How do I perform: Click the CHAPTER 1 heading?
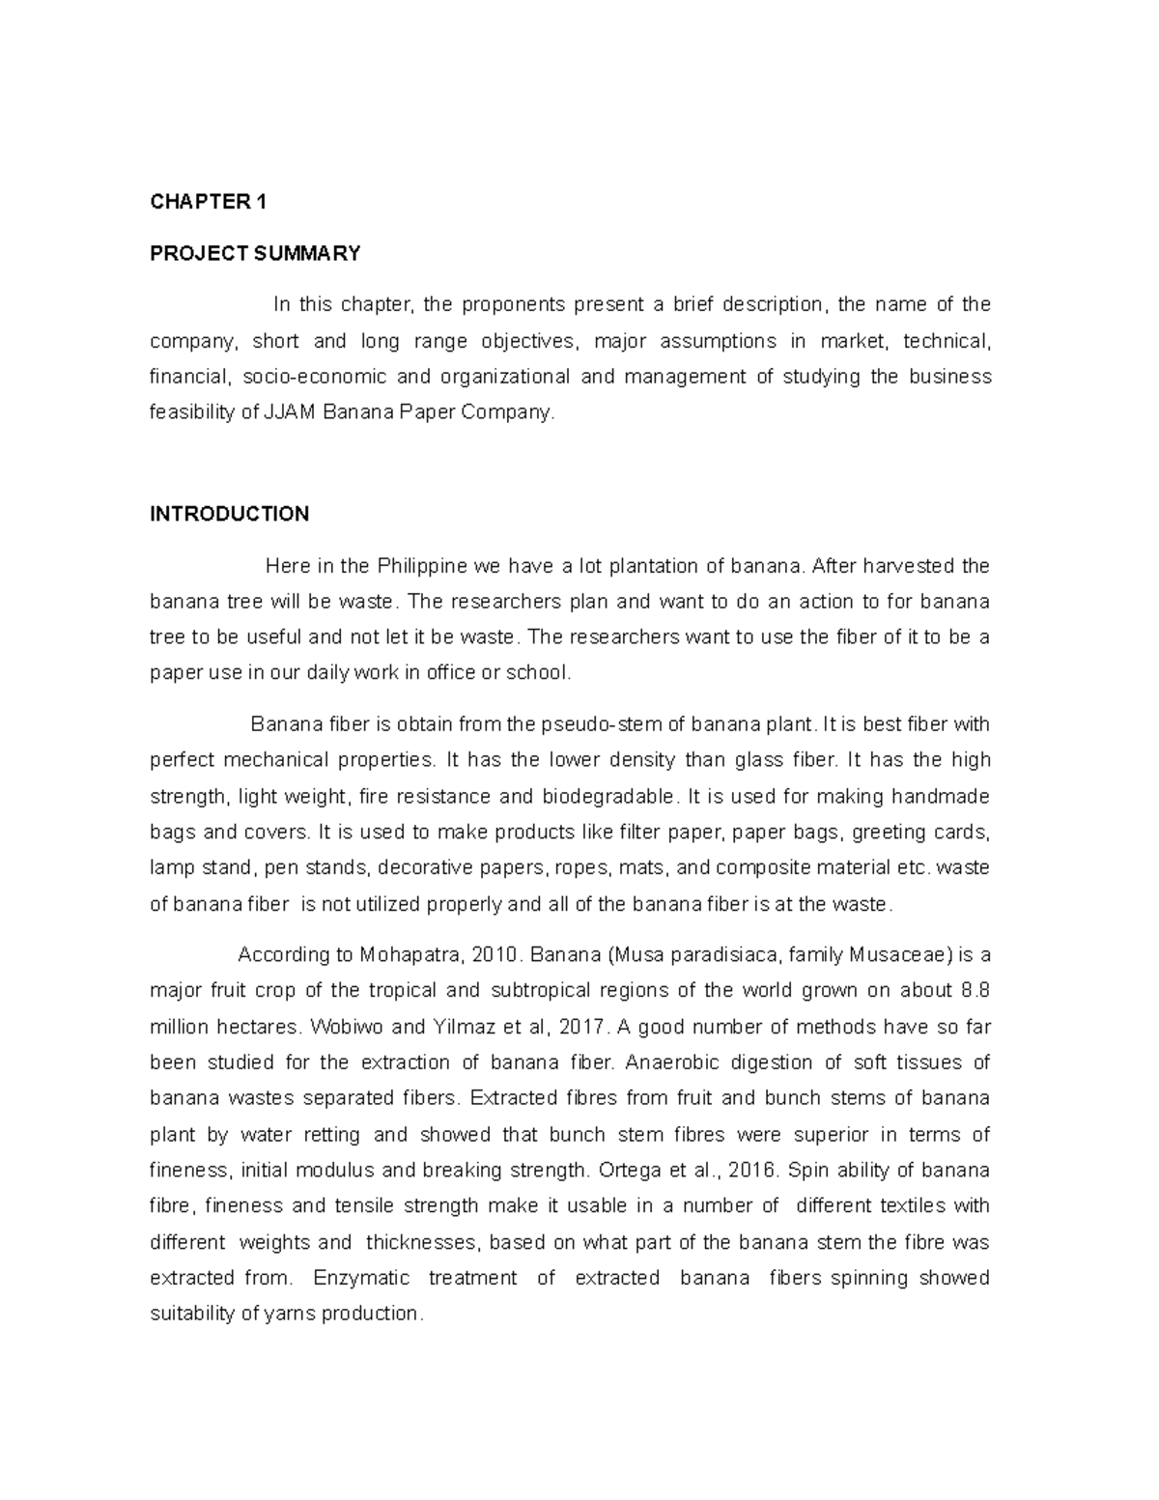pyautogui.click(x=208, y=202)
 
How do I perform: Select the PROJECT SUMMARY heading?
pyautogui.click(x=255, y=254)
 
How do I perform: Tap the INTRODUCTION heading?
pyautogui.click(x=229, y=514)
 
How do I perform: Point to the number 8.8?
pyautogui.click(x=975, y=991)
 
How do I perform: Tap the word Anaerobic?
pyautogui.click(x=670, y=1062)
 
